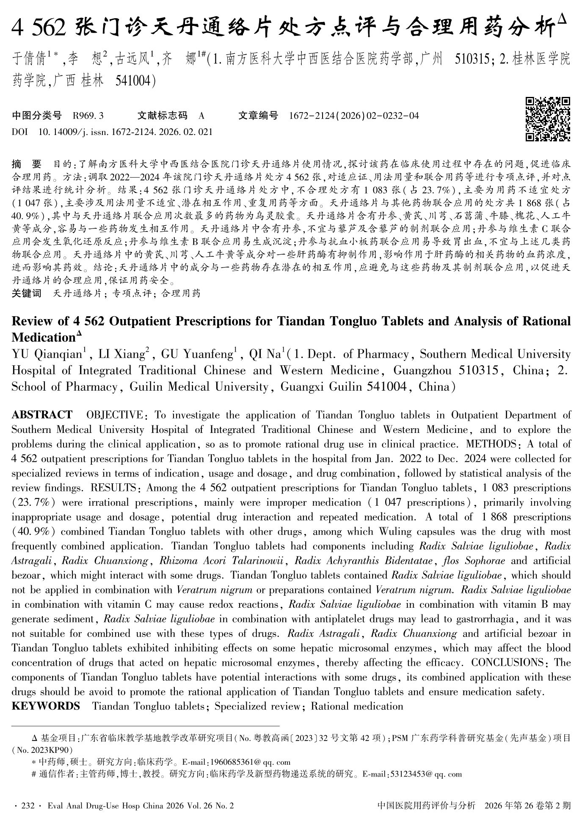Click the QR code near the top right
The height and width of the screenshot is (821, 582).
548,119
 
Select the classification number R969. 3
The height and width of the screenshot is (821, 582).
88,116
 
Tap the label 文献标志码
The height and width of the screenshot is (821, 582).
162,116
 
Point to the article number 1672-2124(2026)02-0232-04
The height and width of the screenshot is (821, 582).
353,116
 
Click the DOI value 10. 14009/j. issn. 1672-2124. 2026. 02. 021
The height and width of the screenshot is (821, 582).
125,132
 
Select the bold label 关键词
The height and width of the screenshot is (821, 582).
27,293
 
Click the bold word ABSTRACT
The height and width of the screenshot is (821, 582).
42,415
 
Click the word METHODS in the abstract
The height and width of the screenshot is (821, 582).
489,444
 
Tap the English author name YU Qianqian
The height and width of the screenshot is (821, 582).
47,354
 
